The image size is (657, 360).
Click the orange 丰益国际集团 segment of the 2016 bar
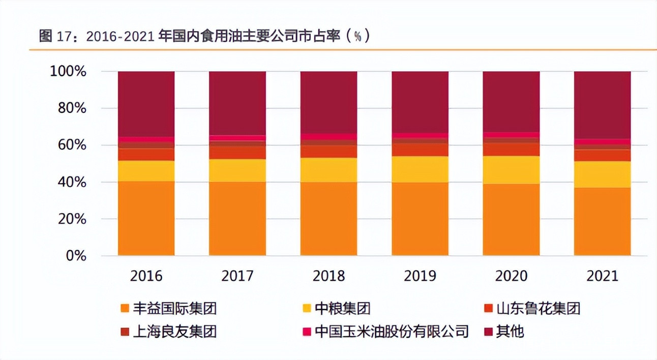point(146,218)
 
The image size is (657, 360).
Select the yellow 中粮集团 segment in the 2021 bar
point(602,174)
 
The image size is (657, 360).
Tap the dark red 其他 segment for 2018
point(328,102)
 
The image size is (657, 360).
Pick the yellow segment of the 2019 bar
point(420,169)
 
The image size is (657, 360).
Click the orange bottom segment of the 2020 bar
point(511,220)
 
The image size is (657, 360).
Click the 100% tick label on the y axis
point(68,72)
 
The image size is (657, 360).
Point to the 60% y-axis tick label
point(72,145)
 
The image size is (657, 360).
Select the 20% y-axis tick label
point(72,219)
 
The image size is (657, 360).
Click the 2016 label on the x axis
point(146,276)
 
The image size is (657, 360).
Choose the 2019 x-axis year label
point(420,276)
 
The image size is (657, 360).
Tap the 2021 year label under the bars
point(602,276)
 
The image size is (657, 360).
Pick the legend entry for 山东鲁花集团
point(538,308)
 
